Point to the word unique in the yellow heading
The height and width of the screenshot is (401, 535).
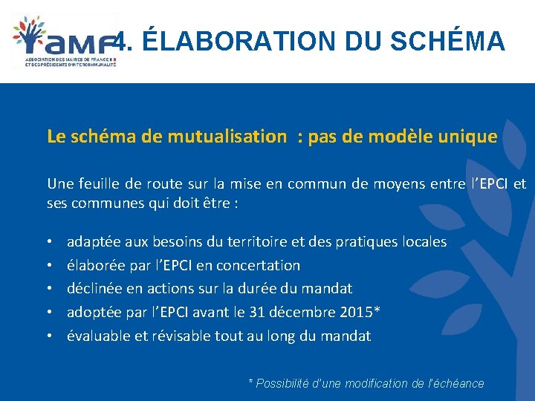(x=468, y=136)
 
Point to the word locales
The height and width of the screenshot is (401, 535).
(x=424, y=241)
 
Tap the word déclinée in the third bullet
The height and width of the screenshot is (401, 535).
(x=93, y=288)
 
